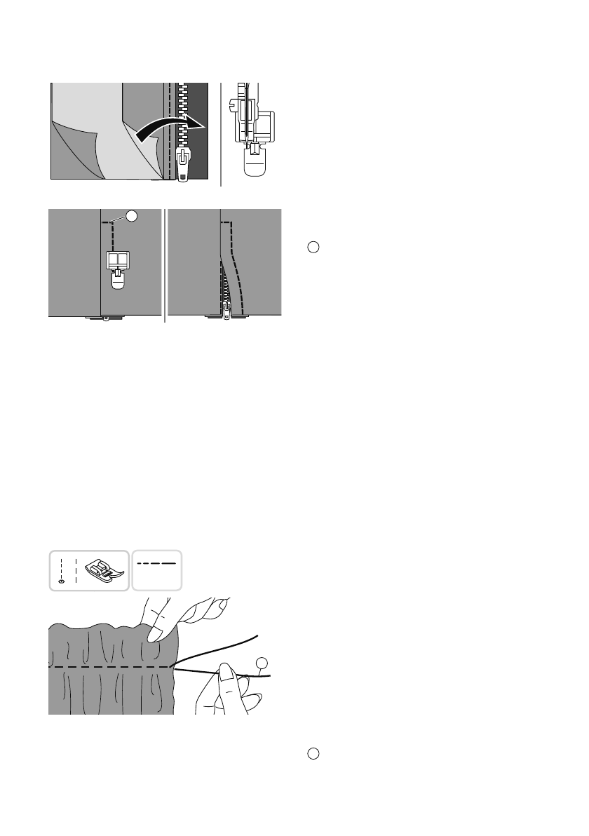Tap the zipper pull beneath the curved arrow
pos(182,166)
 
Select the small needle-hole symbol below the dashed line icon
pos(61,581)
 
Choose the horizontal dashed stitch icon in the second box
pos(156,562)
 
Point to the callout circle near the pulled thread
pos(261,663)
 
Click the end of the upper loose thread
pos(257,636)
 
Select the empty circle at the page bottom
pos(313,753)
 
